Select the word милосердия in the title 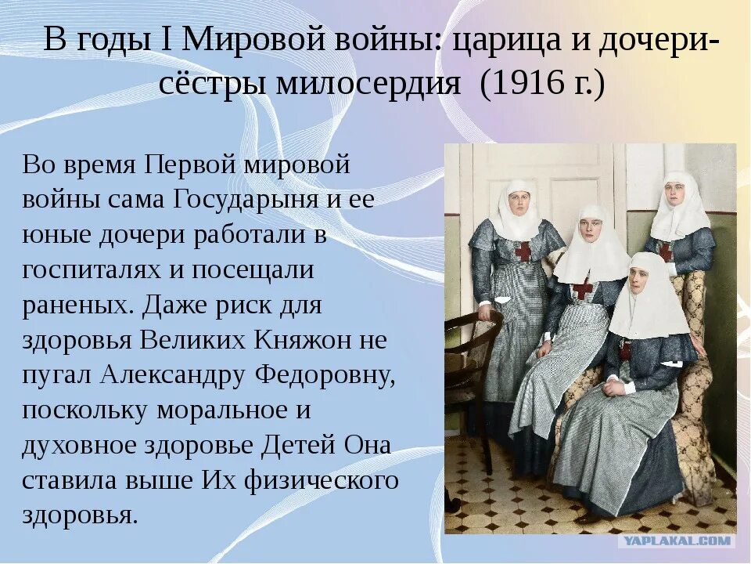pos(368,84)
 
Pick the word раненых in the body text pos(76,305)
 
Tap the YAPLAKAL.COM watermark pos(676,540)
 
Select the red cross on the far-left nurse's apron pos(523,251)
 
